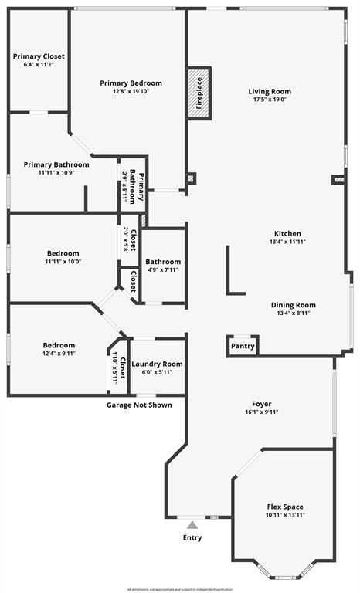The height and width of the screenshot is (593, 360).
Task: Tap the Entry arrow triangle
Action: click(x=192, y=525)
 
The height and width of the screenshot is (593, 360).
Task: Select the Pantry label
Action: click(x=243, y=346)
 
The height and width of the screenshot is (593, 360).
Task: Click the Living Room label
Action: click(x=270, y=92)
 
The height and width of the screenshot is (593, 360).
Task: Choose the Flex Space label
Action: click(x=284, y=507)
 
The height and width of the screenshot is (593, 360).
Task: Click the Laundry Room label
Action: click(x=157, y=364)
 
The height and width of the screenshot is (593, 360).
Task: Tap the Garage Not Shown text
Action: click(x=139, y=405)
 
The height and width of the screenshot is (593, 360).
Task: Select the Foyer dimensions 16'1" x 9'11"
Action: click(x=261, y=412)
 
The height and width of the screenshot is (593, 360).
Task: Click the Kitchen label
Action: click(x=287, y=233)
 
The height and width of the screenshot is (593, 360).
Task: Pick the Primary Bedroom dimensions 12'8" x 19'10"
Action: click(x=131, y=92)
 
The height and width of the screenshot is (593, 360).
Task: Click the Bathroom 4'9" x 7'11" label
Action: click(x=163, y=262)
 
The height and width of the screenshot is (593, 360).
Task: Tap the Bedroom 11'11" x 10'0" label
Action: click(x=63, y=253)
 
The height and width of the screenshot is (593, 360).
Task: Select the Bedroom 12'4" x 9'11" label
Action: click(x=59, y=345)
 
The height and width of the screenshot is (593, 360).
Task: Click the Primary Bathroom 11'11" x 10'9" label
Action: click(x=56, y=164)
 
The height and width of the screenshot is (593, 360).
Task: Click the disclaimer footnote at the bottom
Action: click(x=180, y=588)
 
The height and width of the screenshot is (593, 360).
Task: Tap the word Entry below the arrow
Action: click(x=192, y=537)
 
